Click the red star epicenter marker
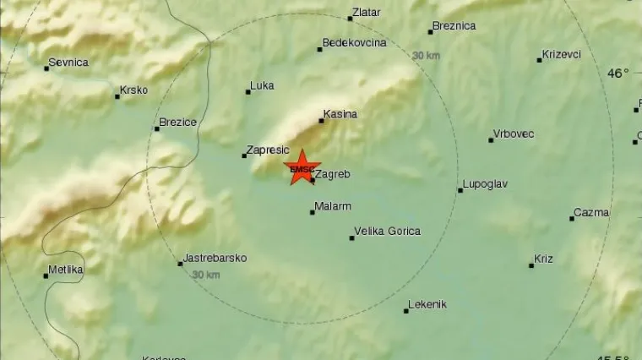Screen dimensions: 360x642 (301, 167)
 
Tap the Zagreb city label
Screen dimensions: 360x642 (332, 175)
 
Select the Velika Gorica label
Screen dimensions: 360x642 (388, 232)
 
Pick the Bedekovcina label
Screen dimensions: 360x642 (355, 43)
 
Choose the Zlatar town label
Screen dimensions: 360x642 (368, 13)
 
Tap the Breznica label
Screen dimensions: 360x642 (454, 26)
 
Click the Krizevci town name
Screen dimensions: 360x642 (562, 55)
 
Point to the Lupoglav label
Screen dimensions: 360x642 (485, 185)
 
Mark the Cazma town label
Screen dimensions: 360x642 (591, 213)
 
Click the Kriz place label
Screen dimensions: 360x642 (543, 259)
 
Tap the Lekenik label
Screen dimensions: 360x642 (427, 305)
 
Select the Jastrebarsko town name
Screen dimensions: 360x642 (215, 259)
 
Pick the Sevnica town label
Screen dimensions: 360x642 (68, 63)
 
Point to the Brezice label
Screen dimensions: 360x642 (178, 123)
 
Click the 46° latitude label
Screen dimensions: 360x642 (618, 74)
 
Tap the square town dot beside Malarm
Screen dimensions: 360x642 (312, 212)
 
